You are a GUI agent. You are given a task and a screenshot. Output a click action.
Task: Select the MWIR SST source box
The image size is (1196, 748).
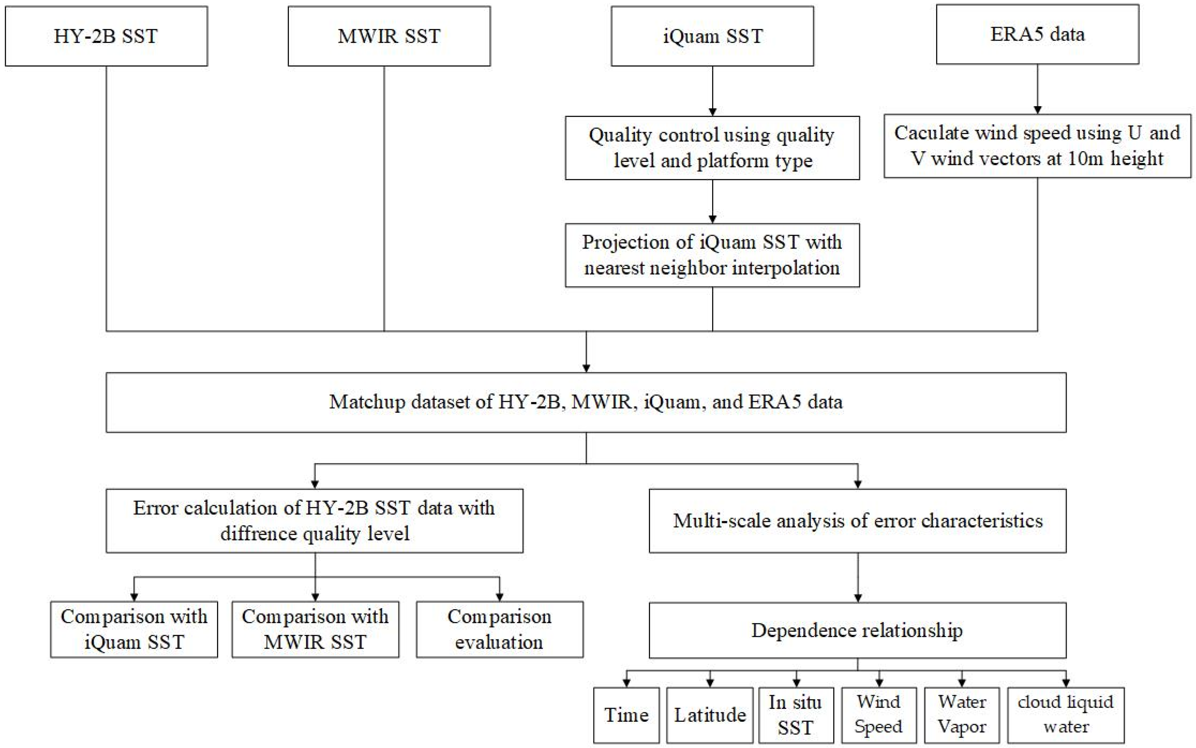point(389,36)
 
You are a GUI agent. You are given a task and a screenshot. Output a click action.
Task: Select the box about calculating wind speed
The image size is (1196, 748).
point(1037,146)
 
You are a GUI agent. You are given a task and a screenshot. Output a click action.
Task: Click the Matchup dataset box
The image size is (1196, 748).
point(586,402)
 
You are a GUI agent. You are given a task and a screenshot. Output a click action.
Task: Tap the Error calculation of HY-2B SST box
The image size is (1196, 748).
point(314,521)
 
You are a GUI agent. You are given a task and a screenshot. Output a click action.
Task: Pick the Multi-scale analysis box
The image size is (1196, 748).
point(857,521)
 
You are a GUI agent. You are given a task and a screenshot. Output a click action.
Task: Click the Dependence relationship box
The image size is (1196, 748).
point(857,630)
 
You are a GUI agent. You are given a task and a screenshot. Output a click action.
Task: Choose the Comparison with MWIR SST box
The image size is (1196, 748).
point(315,629)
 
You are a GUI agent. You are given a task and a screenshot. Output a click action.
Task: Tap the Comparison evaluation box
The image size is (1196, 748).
point(500,629)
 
